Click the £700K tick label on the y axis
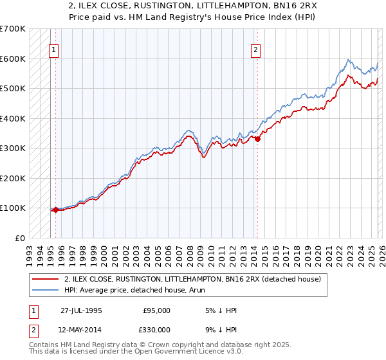pos(13,29)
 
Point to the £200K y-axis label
pos(13,178)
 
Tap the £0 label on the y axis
pos(19,238)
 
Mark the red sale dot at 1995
pos(55,210)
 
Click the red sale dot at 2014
pos(257,139)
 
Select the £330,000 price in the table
pos(157,329)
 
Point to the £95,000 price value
pos(157,310)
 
